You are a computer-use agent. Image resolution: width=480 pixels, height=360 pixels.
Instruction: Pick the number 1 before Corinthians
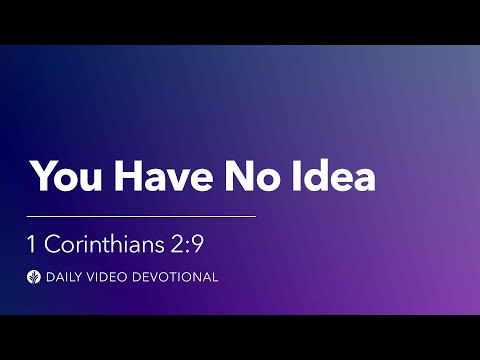coord(34,243)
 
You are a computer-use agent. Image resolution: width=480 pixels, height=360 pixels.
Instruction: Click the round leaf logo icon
coord(35,277)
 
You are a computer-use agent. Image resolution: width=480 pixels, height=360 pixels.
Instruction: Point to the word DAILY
coord(67,277)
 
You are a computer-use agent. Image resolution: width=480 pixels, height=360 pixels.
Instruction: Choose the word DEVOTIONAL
coord(178,277)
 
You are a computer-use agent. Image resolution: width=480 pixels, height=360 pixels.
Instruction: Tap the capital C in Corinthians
coord(54,243)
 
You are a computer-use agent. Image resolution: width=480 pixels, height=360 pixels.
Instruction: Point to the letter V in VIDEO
coord(99,277)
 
